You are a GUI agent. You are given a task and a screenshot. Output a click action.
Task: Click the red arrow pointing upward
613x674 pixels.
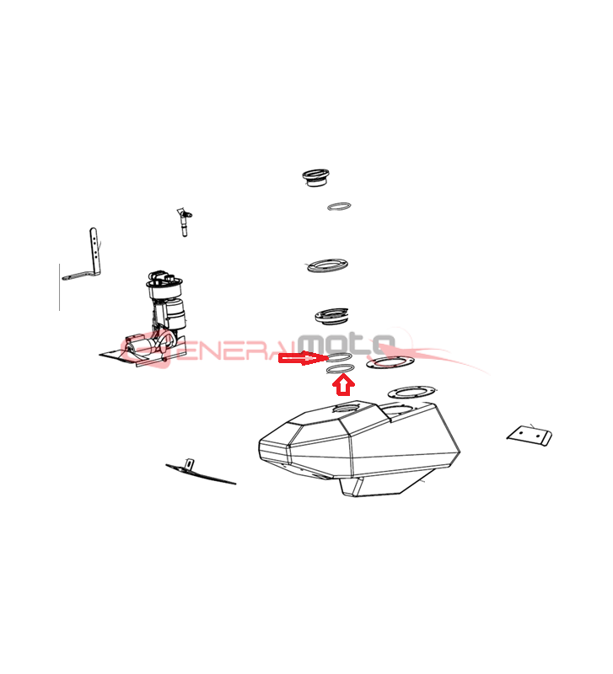click(x=343, y=385)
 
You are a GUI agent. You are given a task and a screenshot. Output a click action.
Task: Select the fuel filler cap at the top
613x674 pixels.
click(x=315, y=178)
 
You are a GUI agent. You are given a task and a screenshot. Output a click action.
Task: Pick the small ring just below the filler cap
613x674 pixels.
click(x=339, y=206)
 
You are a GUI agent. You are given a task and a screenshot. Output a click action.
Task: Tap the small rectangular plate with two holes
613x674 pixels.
click(x=530, y=436)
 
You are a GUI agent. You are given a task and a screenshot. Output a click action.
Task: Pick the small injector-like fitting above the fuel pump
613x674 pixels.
click(x=184, y=222)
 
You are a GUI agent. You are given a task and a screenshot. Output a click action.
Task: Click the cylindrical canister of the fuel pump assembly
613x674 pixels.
click(x=175, y=314)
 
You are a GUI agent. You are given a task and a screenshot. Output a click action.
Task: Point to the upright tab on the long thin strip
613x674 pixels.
click(x=189, y=464)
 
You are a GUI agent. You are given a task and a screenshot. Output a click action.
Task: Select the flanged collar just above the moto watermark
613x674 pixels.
click(x=331, y=316)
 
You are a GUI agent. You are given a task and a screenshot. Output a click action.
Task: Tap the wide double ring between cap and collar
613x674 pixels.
click(x=328, y=265)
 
